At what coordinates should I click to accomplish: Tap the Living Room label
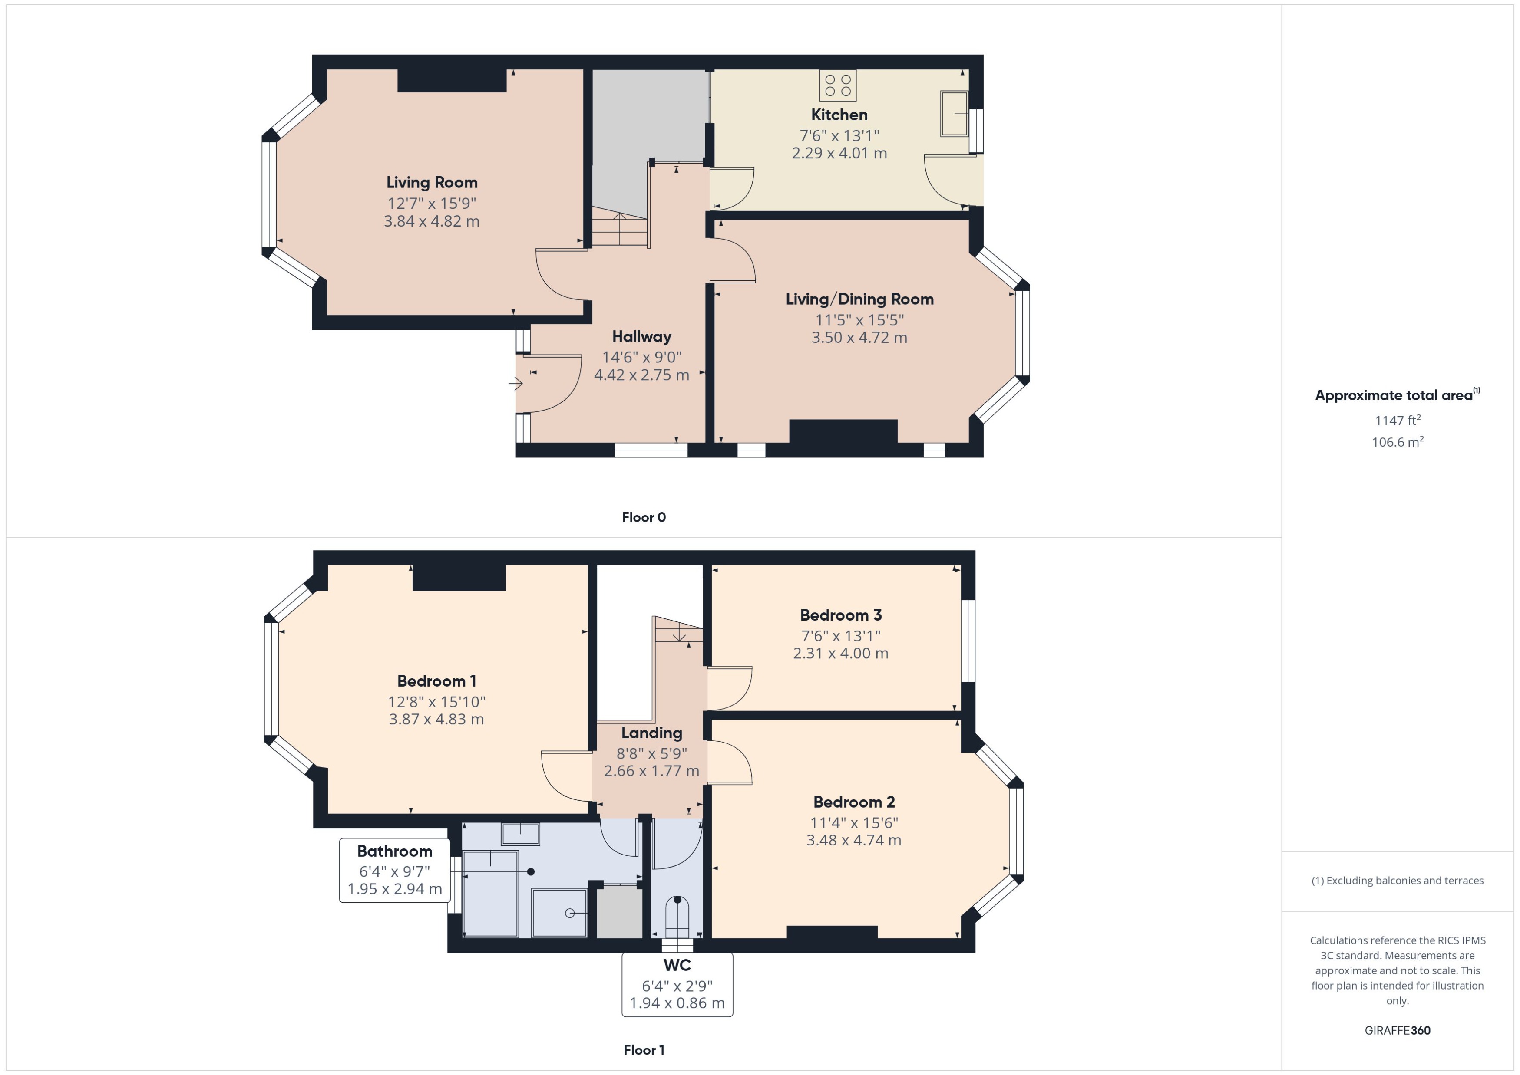coord(432,183)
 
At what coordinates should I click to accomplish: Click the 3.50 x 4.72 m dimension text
coord(859,338)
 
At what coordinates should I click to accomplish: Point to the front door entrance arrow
coord(515,383)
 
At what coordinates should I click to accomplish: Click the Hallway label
coord(641,336)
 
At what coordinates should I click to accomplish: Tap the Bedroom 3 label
coord(840,615)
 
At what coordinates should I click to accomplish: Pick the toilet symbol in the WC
coord(677,914)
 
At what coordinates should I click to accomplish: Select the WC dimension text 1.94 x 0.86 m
coord(677,1003)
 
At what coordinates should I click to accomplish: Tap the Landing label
coord(651,733)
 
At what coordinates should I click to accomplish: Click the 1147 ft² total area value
coord(1398,421)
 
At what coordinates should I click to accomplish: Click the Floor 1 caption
coord(643,1050)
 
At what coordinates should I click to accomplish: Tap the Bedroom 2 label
coord(854,802)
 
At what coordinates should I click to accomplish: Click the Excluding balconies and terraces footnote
coord(1398,881)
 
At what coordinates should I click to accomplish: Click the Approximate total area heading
coord(1394,396)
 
